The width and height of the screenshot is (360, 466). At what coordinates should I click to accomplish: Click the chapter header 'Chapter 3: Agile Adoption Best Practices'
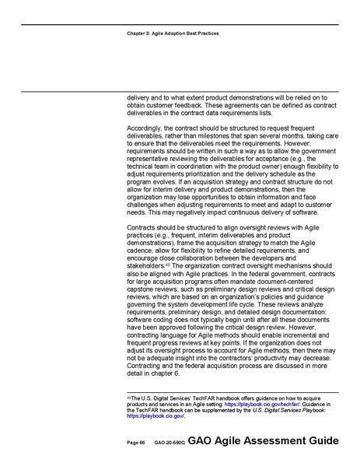[171, 33]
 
